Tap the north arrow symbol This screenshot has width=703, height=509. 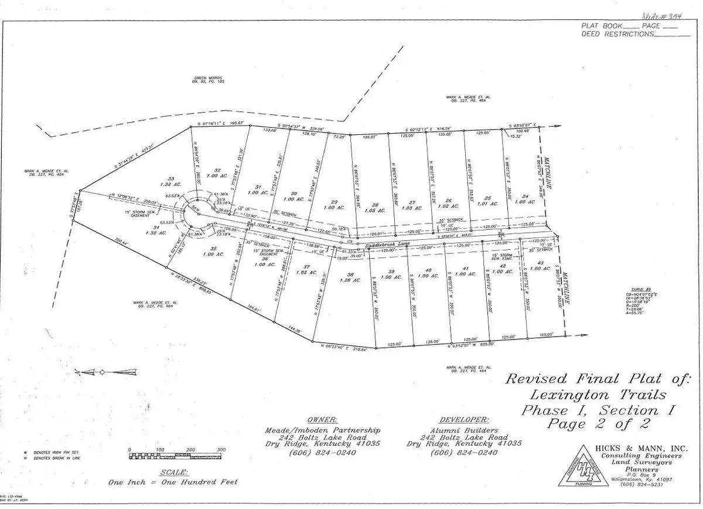[103, 372]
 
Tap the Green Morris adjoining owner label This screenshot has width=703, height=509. [209, 77]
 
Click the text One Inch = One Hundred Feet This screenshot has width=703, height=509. [173, 483]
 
